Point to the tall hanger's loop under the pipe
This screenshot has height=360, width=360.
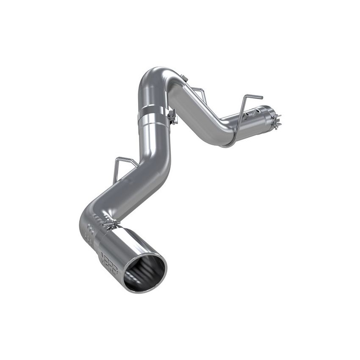227,144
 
